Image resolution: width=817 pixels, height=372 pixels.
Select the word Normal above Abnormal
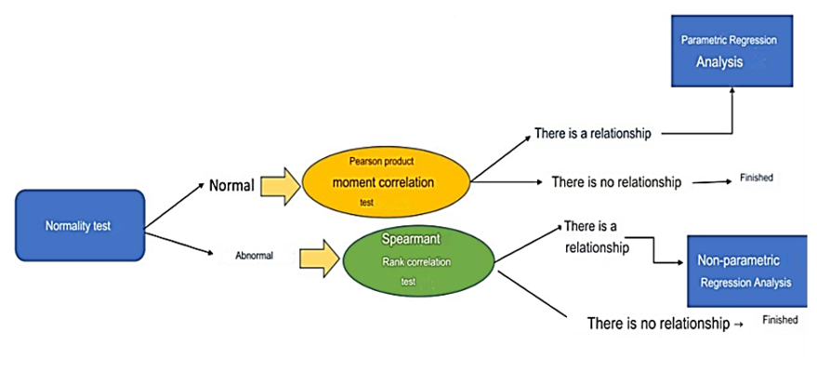pos(231,185)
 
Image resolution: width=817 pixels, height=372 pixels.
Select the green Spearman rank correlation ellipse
pos(421,259)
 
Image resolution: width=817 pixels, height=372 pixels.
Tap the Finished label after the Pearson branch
pos(756,177)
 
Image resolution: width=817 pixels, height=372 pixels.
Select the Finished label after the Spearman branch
pos(780,319)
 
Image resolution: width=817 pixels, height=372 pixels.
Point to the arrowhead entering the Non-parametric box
pos(680,262)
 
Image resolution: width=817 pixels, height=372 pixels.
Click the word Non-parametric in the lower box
pos(738,261)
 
